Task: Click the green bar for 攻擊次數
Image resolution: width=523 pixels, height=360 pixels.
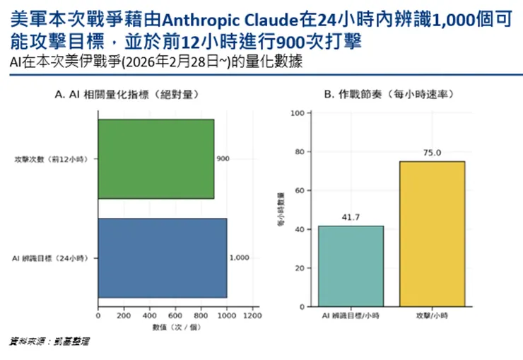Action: click(x=155, y=159)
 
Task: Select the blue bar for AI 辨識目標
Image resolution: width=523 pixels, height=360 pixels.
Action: click(x=163, y=258)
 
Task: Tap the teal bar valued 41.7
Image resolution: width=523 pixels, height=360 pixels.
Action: click(x=351, y=266)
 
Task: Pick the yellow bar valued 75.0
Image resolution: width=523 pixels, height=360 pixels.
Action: click(x=432, y=233)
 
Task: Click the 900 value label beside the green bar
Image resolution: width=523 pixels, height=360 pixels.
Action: click(x=223, y=159)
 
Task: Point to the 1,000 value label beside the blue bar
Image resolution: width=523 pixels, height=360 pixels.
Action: click(x=239, y=258)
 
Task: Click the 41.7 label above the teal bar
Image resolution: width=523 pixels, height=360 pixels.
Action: click(x=351, y=217)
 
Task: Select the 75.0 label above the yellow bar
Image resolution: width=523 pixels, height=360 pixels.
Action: click(x=432, y=153)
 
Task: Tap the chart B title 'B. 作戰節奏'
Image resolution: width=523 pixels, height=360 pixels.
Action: click(x=388, y=94)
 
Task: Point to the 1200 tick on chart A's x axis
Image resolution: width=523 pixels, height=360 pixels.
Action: click(x=252, y=316)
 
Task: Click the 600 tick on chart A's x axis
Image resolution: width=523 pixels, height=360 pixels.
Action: click(x=175, y=316)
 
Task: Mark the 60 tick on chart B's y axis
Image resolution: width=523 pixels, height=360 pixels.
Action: click(x=298, y=191)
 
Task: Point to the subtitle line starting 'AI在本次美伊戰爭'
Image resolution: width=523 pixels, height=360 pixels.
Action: click(x=156, y=61)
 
